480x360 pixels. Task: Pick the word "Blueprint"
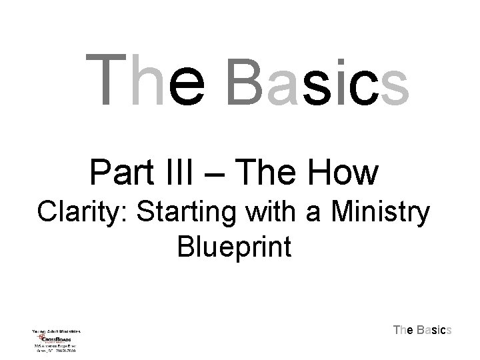234,247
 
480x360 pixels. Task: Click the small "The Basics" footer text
423,329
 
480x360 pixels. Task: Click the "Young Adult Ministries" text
57,330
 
